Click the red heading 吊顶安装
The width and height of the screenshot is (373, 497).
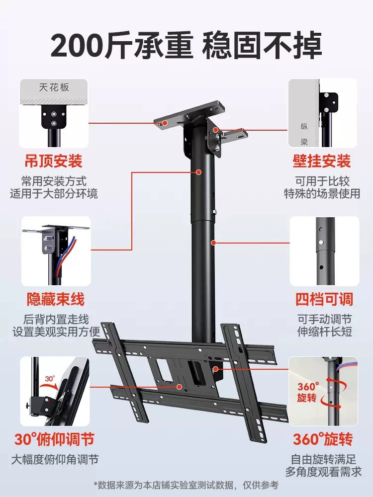[x=54, y=161]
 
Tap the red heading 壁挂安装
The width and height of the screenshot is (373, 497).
[x=321, y=161]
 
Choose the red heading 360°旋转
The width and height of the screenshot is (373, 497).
[x=322, y=439]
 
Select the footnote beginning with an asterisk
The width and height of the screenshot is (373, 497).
[x=186, y=485]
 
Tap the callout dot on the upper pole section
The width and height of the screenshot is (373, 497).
[x=198, y=172]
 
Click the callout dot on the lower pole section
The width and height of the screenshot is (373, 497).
[x=213, y=243]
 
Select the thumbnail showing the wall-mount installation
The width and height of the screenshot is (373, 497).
[x=323, y=113]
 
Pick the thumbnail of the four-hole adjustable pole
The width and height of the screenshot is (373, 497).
[x=324, y=251]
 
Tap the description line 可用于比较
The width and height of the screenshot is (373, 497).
[x=321, y=180]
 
